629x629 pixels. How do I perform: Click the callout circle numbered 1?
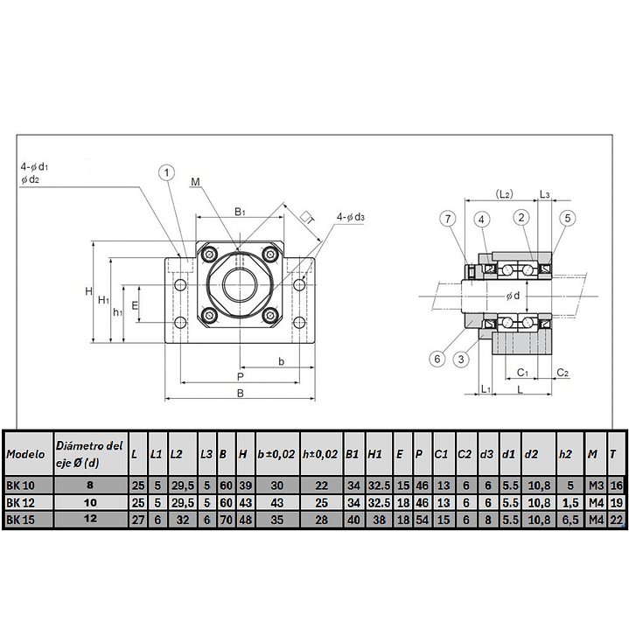click(x=166, y=172)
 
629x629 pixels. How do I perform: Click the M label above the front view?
click(x=195, y=181)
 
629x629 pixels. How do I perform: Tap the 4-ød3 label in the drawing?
click(x=351, y=217)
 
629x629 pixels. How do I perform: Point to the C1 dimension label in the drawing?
click(x=522, y=372)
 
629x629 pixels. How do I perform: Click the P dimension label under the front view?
click(x=240, y=376)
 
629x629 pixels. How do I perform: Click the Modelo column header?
click(x=26, y=455)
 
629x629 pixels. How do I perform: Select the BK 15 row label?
click(x=19, y=519)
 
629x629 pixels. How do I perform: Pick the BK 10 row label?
click(x=19, y=486)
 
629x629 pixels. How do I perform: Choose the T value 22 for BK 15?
click(x=616, y=519)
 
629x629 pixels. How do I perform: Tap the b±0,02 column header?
click(x=277, y=455)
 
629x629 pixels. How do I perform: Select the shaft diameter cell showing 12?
click(x=90, y=519)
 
